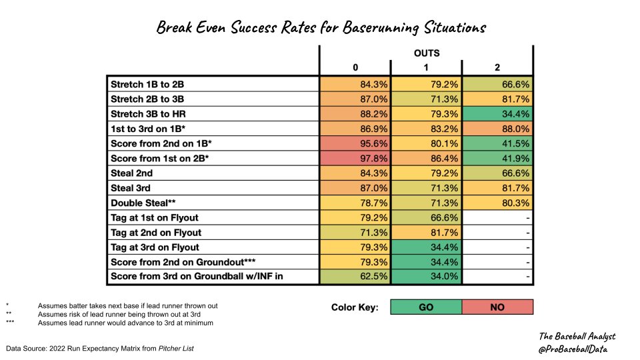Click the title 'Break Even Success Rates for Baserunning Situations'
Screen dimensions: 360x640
321,27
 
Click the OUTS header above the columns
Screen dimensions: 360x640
426,53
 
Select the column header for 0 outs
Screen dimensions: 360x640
355,67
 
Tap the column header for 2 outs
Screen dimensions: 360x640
497,67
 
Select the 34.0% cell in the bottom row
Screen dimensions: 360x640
426,277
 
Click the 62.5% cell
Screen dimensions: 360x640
355,277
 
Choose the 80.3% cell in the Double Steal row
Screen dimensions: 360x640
497,202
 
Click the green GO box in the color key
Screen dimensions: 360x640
426,307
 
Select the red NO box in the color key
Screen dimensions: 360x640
497,307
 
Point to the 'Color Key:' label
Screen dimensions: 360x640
355,307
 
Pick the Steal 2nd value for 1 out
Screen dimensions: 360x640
426,172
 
